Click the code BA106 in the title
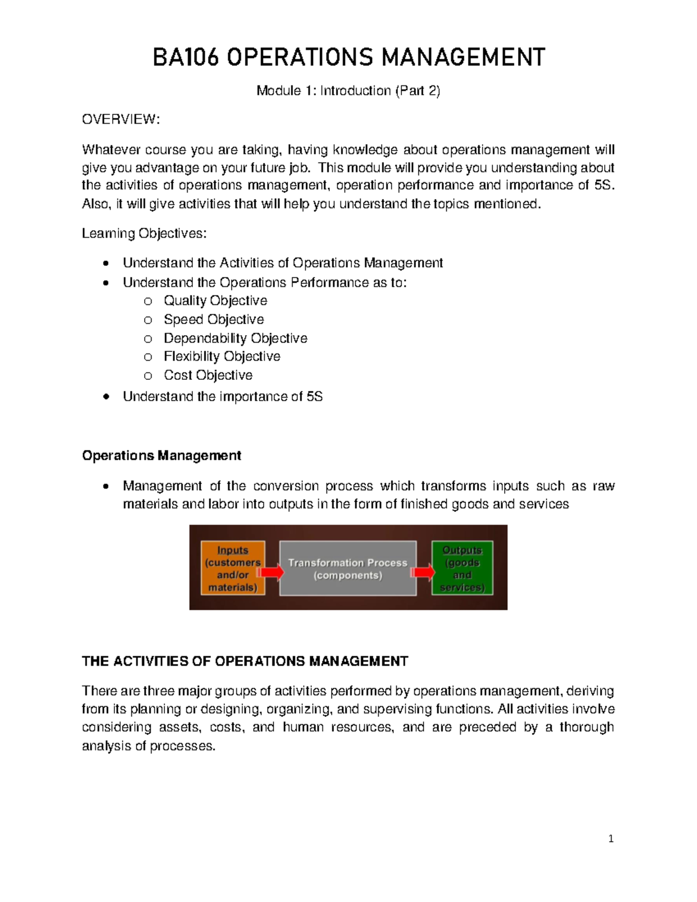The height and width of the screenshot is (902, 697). click(x=185, y=58)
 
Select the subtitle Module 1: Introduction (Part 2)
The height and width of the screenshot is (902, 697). click(x=348, y=91)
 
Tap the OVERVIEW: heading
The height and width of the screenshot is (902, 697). click(x=120, y=120)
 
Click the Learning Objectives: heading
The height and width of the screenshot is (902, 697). click(x=143, y=233)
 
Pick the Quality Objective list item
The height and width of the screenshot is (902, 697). click(x=215, y=301)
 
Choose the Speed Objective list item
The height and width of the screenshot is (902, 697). click(x=213, y=319)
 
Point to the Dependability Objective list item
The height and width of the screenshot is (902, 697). click(x=235, y=338)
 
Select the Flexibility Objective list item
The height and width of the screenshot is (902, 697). click(x=222, y=357)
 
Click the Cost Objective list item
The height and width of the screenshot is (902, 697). click(x=208, y=375)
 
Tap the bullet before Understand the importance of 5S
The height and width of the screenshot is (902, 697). click(x=105, y=397)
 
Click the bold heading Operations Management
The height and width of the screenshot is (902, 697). click(x=161, y=455)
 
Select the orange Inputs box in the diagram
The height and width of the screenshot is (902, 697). click(x=232, y=568)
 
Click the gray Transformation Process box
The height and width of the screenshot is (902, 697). click(x=347, y=569)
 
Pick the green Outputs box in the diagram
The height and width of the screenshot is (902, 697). click(x=462, y=568)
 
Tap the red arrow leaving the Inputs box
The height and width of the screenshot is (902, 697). click(x=271, y=573)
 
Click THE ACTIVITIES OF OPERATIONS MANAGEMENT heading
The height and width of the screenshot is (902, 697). click(x=245, y=661)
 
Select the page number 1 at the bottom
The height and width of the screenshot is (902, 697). click(x=610, y=839)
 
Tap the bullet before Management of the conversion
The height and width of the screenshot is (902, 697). click(x=105, y=487)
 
